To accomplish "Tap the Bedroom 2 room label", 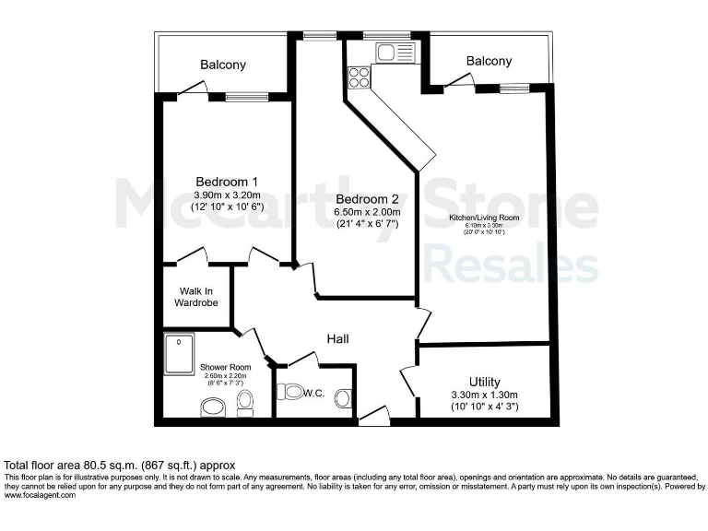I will coord(360,199).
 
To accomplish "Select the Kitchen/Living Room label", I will coord(484,218).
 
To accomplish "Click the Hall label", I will coord(337,339).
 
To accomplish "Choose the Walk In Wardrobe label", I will coord(195,297).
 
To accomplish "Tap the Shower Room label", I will coord(226,367).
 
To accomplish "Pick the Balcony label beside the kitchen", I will coord(488,61).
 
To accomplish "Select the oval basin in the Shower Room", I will coord(212,407).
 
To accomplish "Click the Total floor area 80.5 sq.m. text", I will coord(120,465).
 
